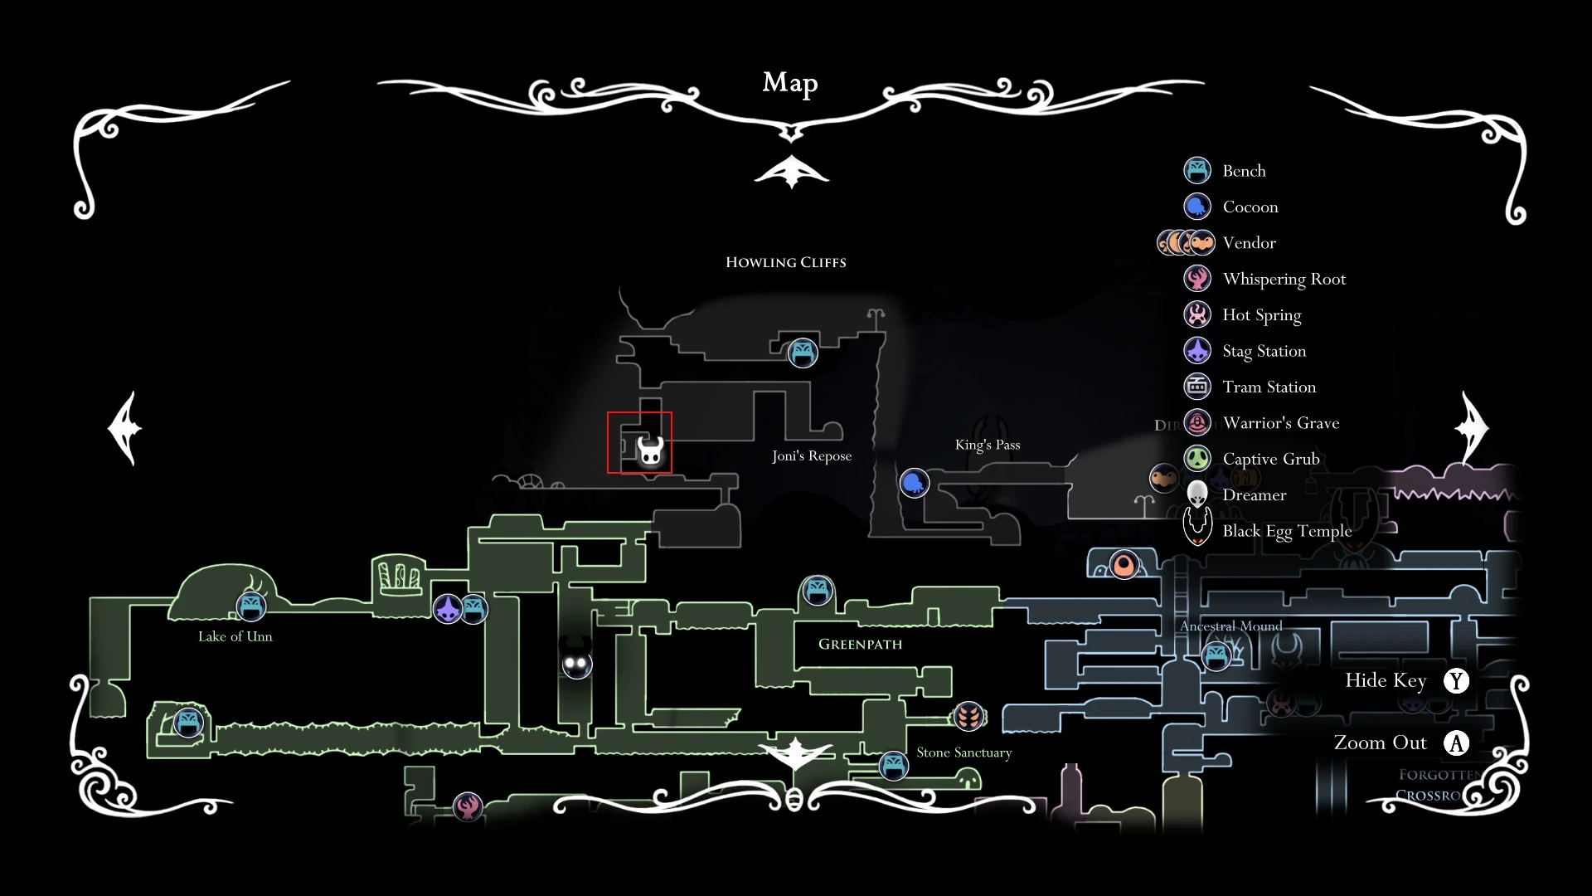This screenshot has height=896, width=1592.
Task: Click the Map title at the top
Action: pyautogui.click(x=789, y=83)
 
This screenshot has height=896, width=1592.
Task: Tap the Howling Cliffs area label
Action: pyautogui.click(x=785, y=262)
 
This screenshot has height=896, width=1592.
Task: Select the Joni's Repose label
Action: pyautogui.click(x=811, y=455)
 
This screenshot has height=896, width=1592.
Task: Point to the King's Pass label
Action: pyautogui.click(x=987, y=445)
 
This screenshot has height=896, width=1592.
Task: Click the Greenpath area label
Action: pyautogui.click(x=860, y=644)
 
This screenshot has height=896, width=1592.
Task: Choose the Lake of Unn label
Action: pyautogui.click(x=235, y=636)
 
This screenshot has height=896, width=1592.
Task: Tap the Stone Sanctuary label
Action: pyautogui.click(x=963, y=752)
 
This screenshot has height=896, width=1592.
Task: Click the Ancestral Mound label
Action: pyautogui.click(x=1230, y=626)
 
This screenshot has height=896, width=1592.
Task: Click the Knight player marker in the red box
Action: pyautogui.click(x=650, y=451)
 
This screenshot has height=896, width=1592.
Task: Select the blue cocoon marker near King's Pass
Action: pyautogui.click(x=914, y=482)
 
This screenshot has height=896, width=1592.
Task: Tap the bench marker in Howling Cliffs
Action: pyautogui.click(x=802, y=353)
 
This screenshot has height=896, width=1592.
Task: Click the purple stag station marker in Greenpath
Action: pyautogui.click(x=448, y=610)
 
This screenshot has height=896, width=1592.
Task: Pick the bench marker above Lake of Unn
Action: pyautogui.click(x=250, y=606)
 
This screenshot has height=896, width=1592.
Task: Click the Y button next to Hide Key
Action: pyautogui.click(x=1456, y=681)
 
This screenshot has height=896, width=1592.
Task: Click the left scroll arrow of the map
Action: pyautogui.click(x=126, y=428)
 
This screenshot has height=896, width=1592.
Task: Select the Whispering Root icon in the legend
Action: pyautogui.click(x=1197, y=279)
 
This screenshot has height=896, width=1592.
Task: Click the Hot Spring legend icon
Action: pyautogui.click(x=1197, y=314)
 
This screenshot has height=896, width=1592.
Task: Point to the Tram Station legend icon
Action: pyautogui.click(x=1197, y=387)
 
